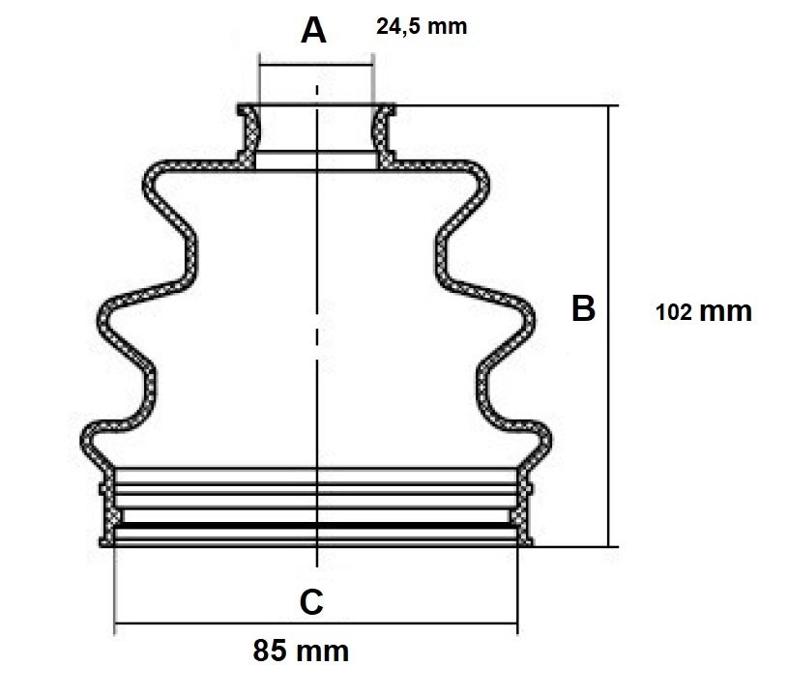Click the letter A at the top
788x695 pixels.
313,31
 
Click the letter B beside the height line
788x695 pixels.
583,308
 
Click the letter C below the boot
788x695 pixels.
311,601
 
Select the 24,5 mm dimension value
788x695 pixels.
422,26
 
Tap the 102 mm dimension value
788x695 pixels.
704,311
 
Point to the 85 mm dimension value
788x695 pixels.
301,651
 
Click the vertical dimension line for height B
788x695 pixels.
608,326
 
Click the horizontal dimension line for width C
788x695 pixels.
316,623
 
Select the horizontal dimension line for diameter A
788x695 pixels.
316,65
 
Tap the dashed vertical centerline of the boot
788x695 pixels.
316,326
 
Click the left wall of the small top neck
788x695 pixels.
248,134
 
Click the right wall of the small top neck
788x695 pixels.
384,134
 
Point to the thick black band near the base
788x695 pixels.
316,525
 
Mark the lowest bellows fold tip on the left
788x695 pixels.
84,441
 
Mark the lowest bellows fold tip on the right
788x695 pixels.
548,441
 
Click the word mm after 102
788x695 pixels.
726,312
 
